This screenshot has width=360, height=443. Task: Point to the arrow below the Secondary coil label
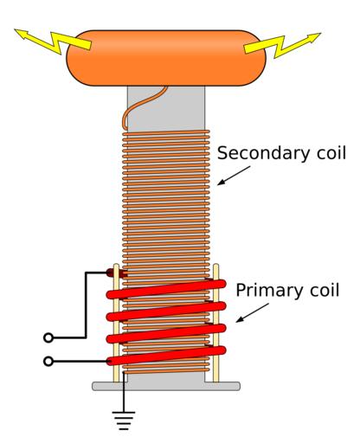tap(234, 176)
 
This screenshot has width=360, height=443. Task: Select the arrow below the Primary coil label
tap(253, 312)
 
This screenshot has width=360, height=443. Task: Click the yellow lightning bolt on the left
tap(54, 41)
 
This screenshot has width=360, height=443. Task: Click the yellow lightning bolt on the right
tap(282, 45)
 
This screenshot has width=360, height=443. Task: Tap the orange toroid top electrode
tap(166, 58)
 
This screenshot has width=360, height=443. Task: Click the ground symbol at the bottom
tap(124, 420)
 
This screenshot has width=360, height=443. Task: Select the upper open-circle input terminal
tap(48, 337)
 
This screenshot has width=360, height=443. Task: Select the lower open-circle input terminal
tap(48, 361)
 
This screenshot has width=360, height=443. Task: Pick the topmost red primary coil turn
tap(166, 289)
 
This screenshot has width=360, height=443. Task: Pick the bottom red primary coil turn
tap(166, 356)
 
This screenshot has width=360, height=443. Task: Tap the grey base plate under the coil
tap(166, 386)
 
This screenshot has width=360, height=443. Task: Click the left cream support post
tap(116, 323)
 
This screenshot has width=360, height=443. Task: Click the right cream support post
tap(215, 323)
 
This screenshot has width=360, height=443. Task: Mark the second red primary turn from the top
tap(166, 311)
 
